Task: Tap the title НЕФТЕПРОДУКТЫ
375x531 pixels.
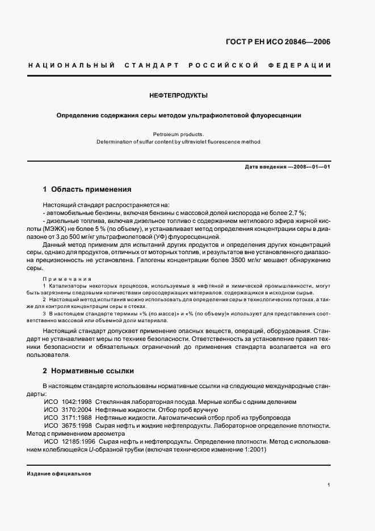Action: [x=178, y=95]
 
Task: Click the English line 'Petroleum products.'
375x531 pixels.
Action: [x=178, y=134]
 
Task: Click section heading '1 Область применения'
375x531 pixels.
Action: [x=87, y=189]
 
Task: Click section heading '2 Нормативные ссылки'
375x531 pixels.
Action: [x=89, y=371]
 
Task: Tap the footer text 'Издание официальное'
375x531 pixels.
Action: [x=58, y=474]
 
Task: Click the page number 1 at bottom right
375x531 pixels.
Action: [x=329, y=485]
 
